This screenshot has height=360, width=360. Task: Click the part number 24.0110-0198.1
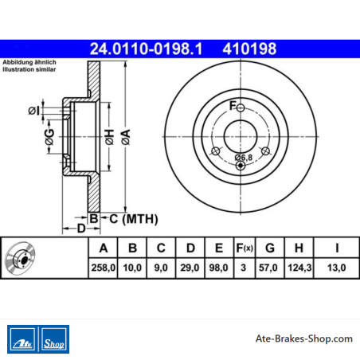click(x=146, y=49)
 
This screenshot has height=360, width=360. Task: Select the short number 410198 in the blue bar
click(x=249, y=49)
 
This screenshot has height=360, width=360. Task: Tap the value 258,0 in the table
click(x=104, y=268)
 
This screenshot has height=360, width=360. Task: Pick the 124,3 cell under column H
click(x=299, y=268)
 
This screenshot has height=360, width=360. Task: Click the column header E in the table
click(x=219, y=248)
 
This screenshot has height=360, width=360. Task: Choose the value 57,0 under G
click(x=268, y=268)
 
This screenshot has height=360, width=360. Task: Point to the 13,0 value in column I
click(x=336, y=268)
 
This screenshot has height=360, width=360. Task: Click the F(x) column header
click(x=245, y=248)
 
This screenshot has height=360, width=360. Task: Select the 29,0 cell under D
click(x=190, y=268)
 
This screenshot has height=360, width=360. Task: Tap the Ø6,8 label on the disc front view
click(x=244, y=157)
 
